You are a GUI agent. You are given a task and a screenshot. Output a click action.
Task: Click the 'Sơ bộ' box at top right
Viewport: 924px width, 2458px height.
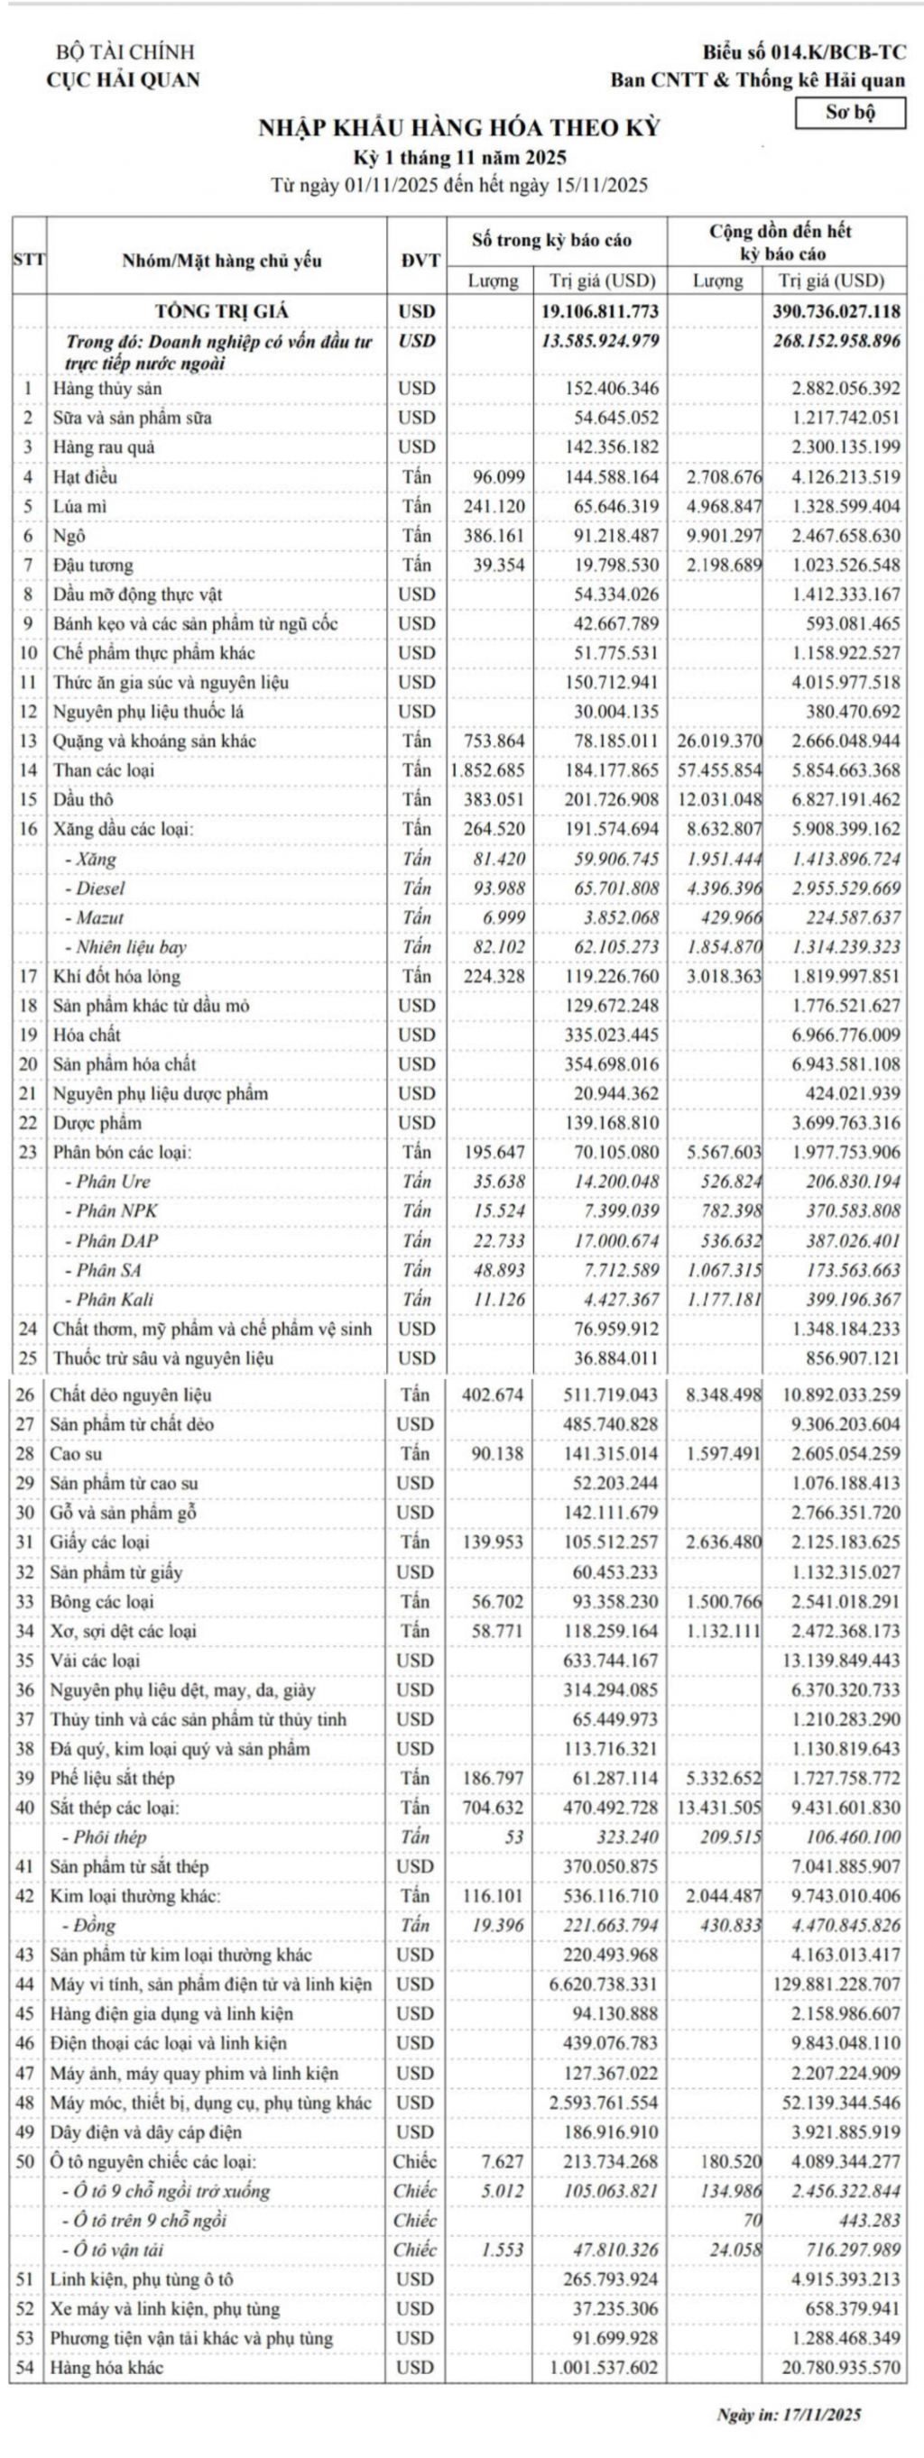(x=849, y=113)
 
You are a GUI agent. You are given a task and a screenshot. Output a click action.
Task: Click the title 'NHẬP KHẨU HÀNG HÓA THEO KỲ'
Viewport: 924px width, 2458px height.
(x=459, y=128)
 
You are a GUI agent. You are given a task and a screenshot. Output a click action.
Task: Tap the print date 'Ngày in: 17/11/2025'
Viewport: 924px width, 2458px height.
(x=789, y=2414)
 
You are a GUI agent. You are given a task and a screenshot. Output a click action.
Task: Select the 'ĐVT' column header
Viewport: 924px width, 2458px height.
(x=417, y=261)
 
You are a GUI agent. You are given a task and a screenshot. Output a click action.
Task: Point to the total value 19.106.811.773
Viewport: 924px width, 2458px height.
(x=599, y=311)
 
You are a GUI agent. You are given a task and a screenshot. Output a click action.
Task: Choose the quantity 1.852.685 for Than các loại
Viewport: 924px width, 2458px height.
(x=488, y=770)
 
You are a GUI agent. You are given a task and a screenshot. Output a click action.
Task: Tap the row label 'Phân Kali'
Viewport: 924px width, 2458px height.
(x=115, y=1300)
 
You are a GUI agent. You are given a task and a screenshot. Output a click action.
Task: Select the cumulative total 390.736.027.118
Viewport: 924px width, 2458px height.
(x=836, y=311)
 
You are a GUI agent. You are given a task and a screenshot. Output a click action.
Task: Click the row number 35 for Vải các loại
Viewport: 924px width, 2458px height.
(x=27, y=1662)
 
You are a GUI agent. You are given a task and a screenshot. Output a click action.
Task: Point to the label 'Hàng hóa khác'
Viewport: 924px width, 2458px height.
(x=106, y=2369)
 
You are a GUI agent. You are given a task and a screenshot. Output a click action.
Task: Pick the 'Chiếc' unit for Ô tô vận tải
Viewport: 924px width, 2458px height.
(x=415, y=2250)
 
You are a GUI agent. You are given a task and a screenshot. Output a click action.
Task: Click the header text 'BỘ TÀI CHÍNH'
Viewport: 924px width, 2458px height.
(x=125, y=52)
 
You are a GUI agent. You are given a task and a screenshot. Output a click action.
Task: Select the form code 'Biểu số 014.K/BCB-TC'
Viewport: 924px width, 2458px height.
(x=804, y=52)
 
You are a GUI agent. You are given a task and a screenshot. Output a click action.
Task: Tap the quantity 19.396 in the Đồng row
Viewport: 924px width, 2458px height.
(x=497, y=1926)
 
